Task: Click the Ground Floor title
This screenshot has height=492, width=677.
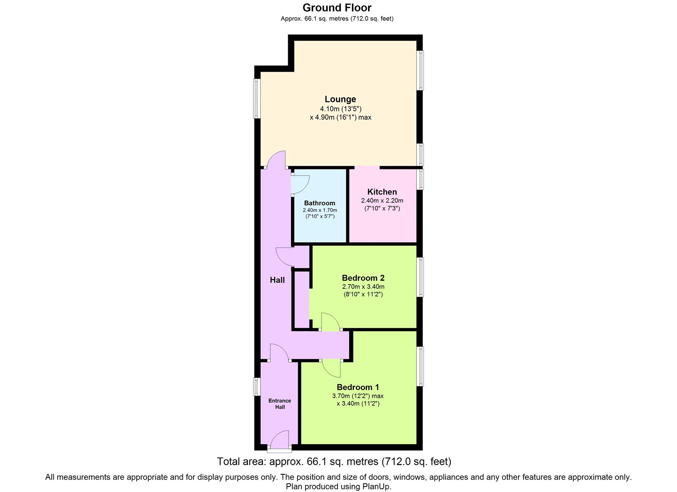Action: click(337, 8)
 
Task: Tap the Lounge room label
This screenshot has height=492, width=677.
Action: click(340, 99)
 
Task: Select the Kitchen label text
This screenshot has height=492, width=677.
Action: click(382, 192)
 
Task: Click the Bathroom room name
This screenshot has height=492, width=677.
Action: click(319, 203)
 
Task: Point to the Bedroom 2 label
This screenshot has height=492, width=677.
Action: click(363, 278)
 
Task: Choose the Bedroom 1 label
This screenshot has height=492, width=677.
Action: click(358, 387)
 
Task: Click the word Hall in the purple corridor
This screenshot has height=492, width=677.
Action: click(277, 280)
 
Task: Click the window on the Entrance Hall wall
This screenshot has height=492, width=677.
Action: click(256, 386)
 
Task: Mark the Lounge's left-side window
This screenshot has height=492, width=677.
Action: click(256, 99)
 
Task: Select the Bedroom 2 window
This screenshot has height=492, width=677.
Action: click(420, 277)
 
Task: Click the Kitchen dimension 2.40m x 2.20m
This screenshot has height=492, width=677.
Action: click(382, 201)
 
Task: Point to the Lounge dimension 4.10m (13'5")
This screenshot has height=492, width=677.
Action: click(340, 109)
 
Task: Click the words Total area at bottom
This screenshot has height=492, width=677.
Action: click(241, 461)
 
